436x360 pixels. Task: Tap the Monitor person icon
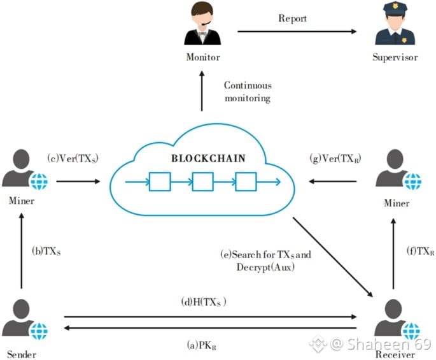(x=203, y=25)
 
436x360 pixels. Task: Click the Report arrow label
(x=292, y=18)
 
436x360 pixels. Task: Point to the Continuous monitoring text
(x=248, y=92)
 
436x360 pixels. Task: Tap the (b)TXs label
(x=46, y=252)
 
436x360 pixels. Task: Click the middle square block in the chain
(x=202, y=182)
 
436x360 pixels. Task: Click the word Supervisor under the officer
(x=395, y=58)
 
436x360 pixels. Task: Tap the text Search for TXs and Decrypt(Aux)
(x=265, y=261)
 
